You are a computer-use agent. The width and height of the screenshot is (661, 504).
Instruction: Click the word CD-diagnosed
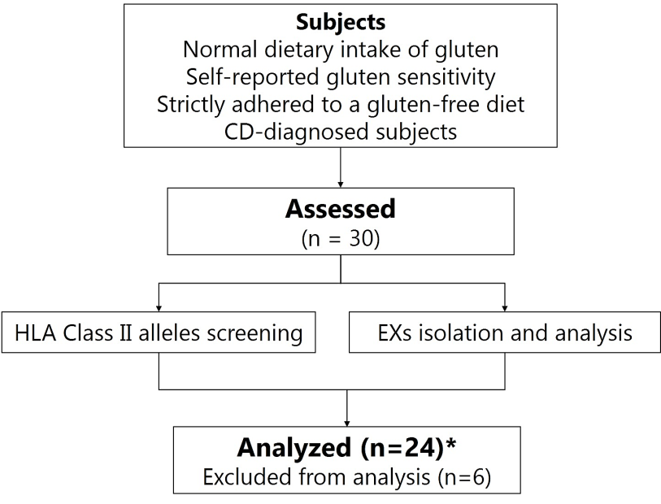[x=280, y=132]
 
